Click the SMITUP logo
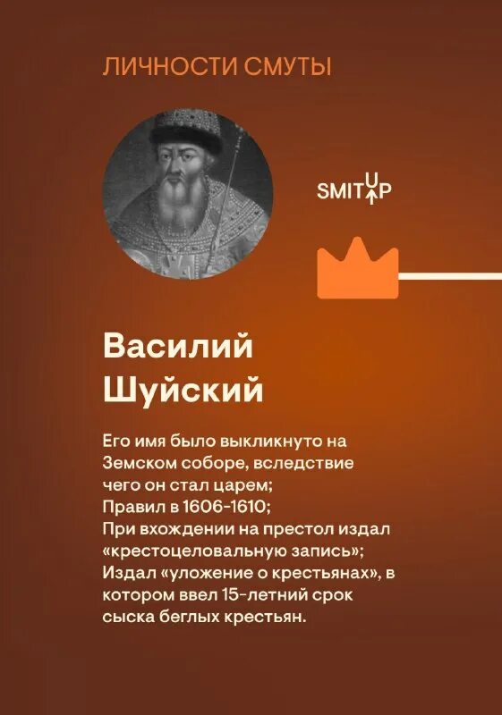pos(354,189)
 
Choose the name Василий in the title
pos(179,348)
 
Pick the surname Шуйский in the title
pos(183,390)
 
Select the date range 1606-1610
pos(208,507)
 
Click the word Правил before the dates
pos(131,507)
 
